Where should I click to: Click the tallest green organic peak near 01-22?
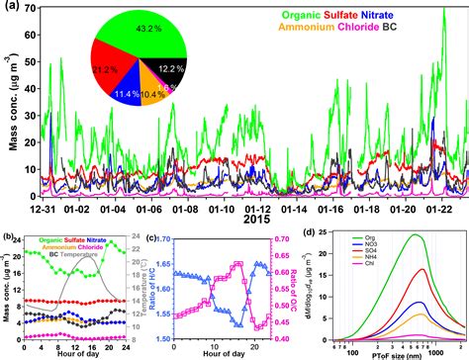click(441, 12)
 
